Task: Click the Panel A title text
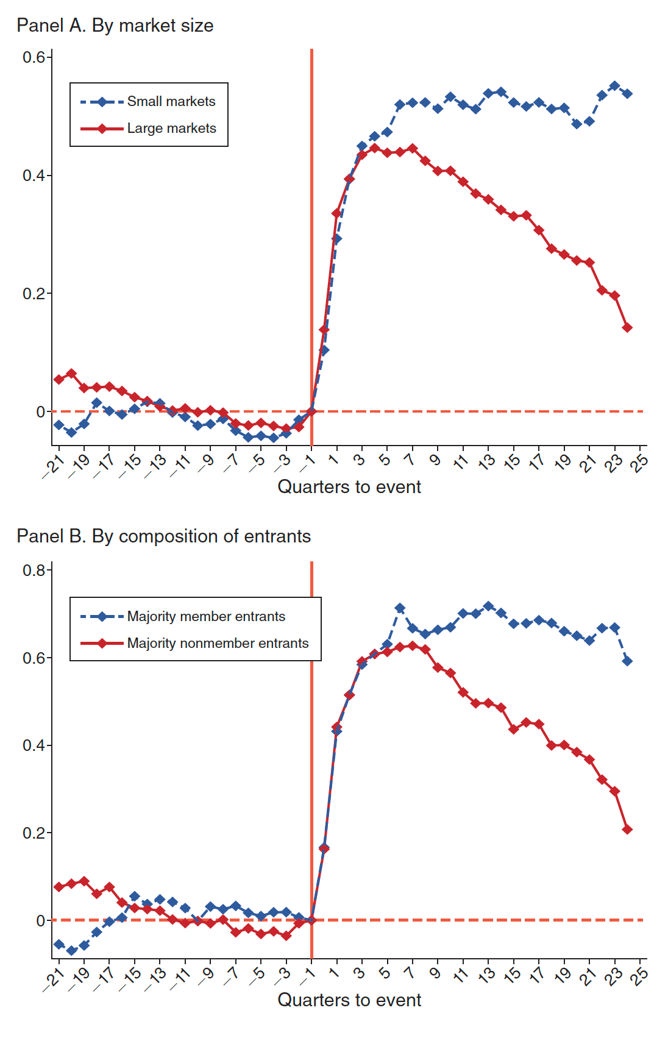(x=115, y=26)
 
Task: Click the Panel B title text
(x=163, y=536)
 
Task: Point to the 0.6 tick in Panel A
(x=34, y=57)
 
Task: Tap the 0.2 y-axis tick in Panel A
(x=34, y=294)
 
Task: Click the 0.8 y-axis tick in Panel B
(x=34, y=570)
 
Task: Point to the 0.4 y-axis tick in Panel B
(x=34, y=746)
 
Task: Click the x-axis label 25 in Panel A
(x=639, y=463)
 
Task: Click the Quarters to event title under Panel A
(x=349, y=487)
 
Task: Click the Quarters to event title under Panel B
(x=349, y=1000)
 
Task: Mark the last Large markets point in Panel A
(x=627, y=328)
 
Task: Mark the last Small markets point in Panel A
(x=627, y=94)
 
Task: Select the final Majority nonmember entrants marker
(x=627, y=830)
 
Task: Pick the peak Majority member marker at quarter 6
(x=400, y=608)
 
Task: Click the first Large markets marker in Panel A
(x=59, y=380)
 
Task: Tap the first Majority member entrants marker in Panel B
(x=59, y=944)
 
